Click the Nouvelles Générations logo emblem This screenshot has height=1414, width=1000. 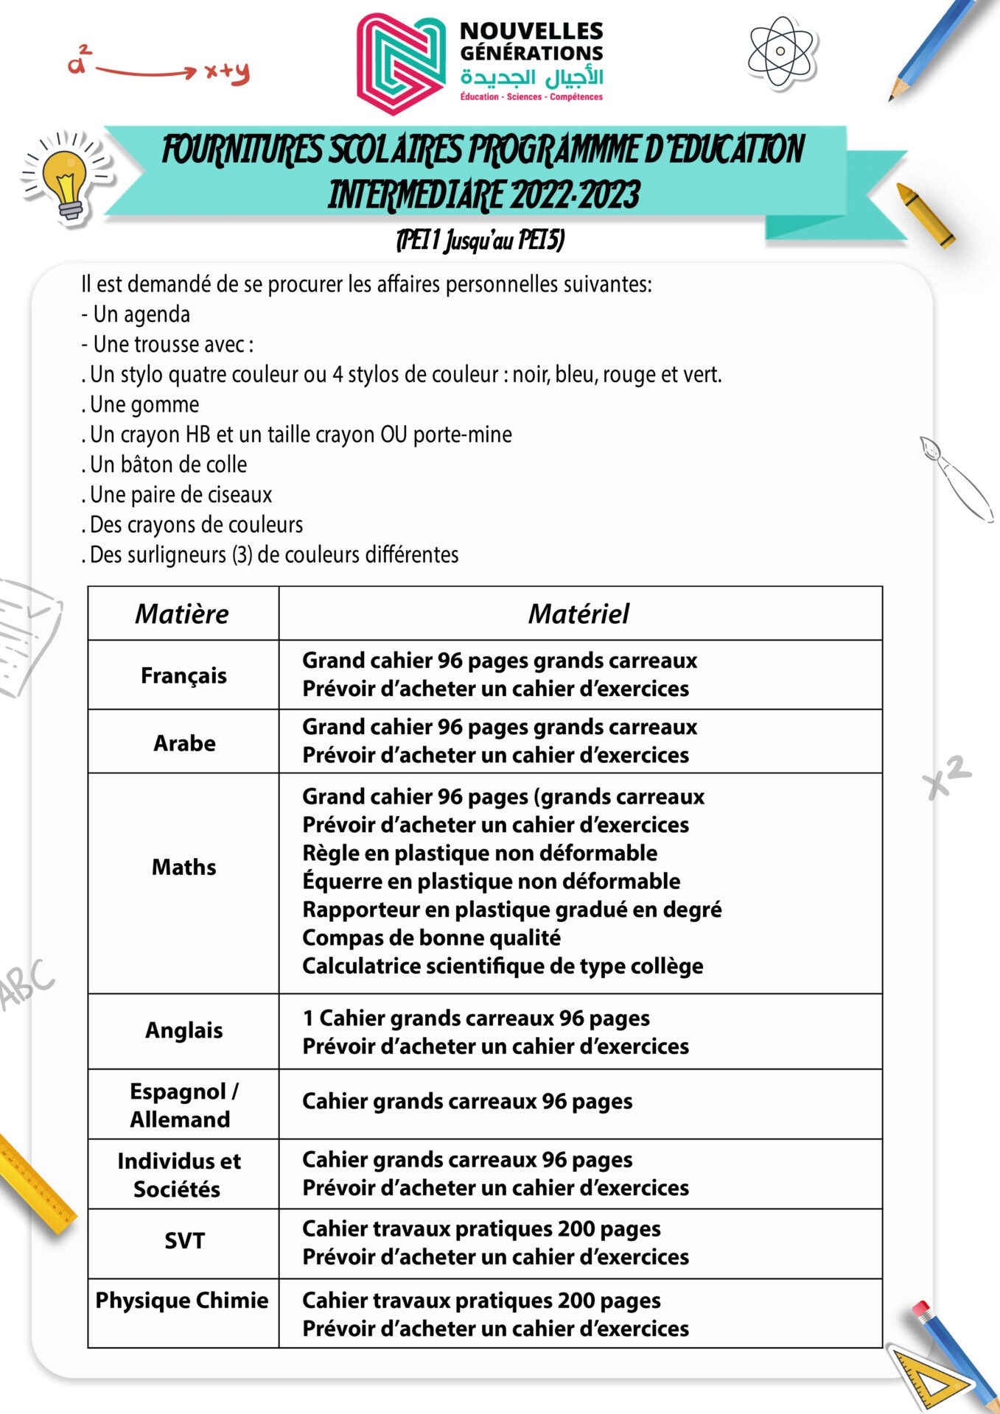point(402,64)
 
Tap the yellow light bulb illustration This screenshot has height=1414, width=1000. point(66,179)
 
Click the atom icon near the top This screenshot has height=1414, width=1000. point(780,52)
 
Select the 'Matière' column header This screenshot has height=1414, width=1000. point(182,613)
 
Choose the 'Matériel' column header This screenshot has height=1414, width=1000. point(579,613)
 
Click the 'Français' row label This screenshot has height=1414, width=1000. point(183,675)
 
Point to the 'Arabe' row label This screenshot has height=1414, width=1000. point(184,743)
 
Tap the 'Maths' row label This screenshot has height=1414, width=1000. point(183,867)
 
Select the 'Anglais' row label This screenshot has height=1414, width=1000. point(183,1030)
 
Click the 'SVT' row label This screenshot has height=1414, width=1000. point(184,1241)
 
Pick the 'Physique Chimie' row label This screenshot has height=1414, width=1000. point(182,1300)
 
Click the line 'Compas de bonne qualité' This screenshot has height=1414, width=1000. point(431,938)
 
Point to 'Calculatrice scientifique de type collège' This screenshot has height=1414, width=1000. point(503,965)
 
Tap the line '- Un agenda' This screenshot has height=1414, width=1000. point(136,314)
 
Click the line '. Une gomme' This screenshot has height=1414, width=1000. point(140,404)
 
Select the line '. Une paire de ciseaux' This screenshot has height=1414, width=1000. point(177,494)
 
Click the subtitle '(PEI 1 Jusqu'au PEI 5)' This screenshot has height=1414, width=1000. point(480,240)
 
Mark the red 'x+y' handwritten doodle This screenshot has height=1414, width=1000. point(227,71)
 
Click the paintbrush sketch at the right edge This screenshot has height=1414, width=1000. point(954,479)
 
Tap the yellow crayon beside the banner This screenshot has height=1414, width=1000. point(925,214)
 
